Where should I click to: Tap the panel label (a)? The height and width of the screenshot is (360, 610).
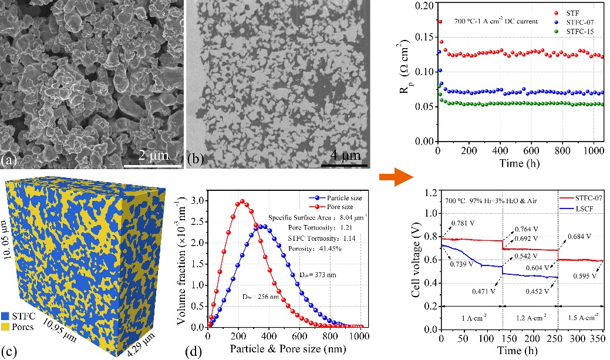point(10,160)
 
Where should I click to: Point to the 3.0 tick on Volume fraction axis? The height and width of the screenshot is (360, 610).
point(198,200)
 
